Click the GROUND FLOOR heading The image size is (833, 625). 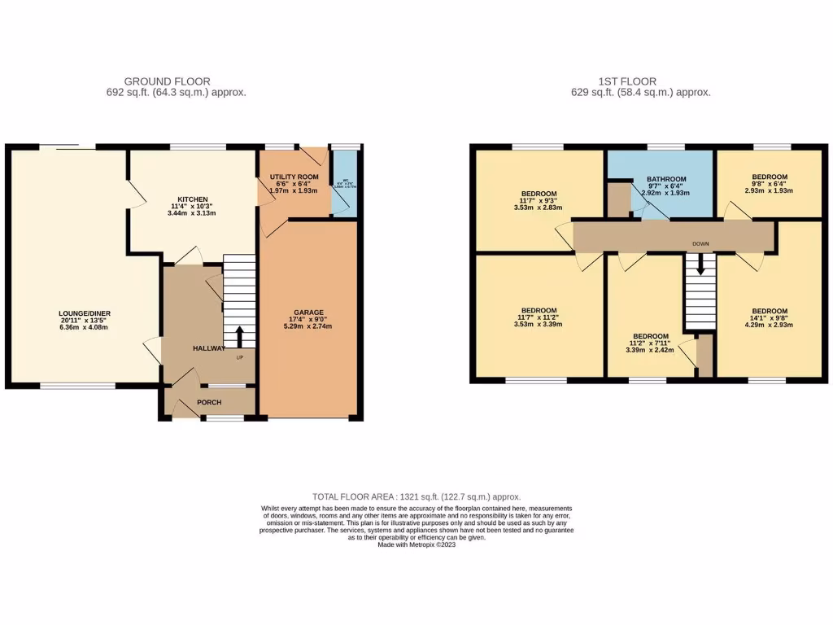167,81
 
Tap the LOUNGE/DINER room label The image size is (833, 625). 84,313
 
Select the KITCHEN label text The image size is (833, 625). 194,199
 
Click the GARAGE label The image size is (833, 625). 309,312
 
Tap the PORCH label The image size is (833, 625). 208,402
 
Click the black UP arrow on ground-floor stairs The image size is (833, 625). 240,337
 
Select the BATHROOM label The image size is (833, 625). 666,179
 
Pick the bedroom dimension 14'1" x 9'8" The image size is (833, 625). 769,319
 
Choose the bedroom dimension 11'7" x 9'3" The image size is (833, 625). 539,200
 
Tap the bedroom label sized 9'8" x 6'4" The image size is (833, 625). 769,177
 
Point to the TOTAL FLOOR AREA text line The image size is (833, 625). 416,496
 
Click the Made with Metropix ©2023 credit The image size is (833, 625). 416,545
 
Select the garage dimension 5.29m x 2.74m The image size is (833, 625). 309,326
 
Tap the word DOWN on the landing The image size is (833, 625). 700,243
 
